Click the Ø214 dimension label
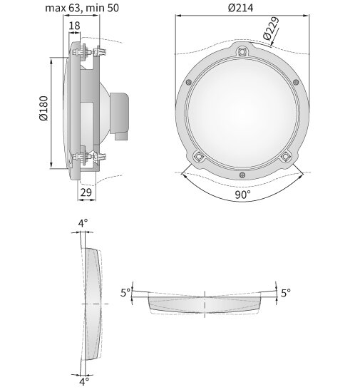(x=240, y=8)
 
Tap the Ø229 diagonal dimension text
(x=272, y=29)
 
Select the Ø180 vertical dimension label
(x=43, y=108)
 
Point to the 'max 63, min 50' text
(x=82, y=8)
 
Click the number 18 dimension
(x=74, y=26)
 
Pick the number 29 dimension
(x=86, y=192)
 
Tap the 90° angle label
(x=242, y=195)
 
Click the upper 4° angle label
(x=83, y=223)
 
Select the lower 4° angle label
(x=84, y=381)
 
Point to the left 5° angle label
(x=125, y=292)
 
